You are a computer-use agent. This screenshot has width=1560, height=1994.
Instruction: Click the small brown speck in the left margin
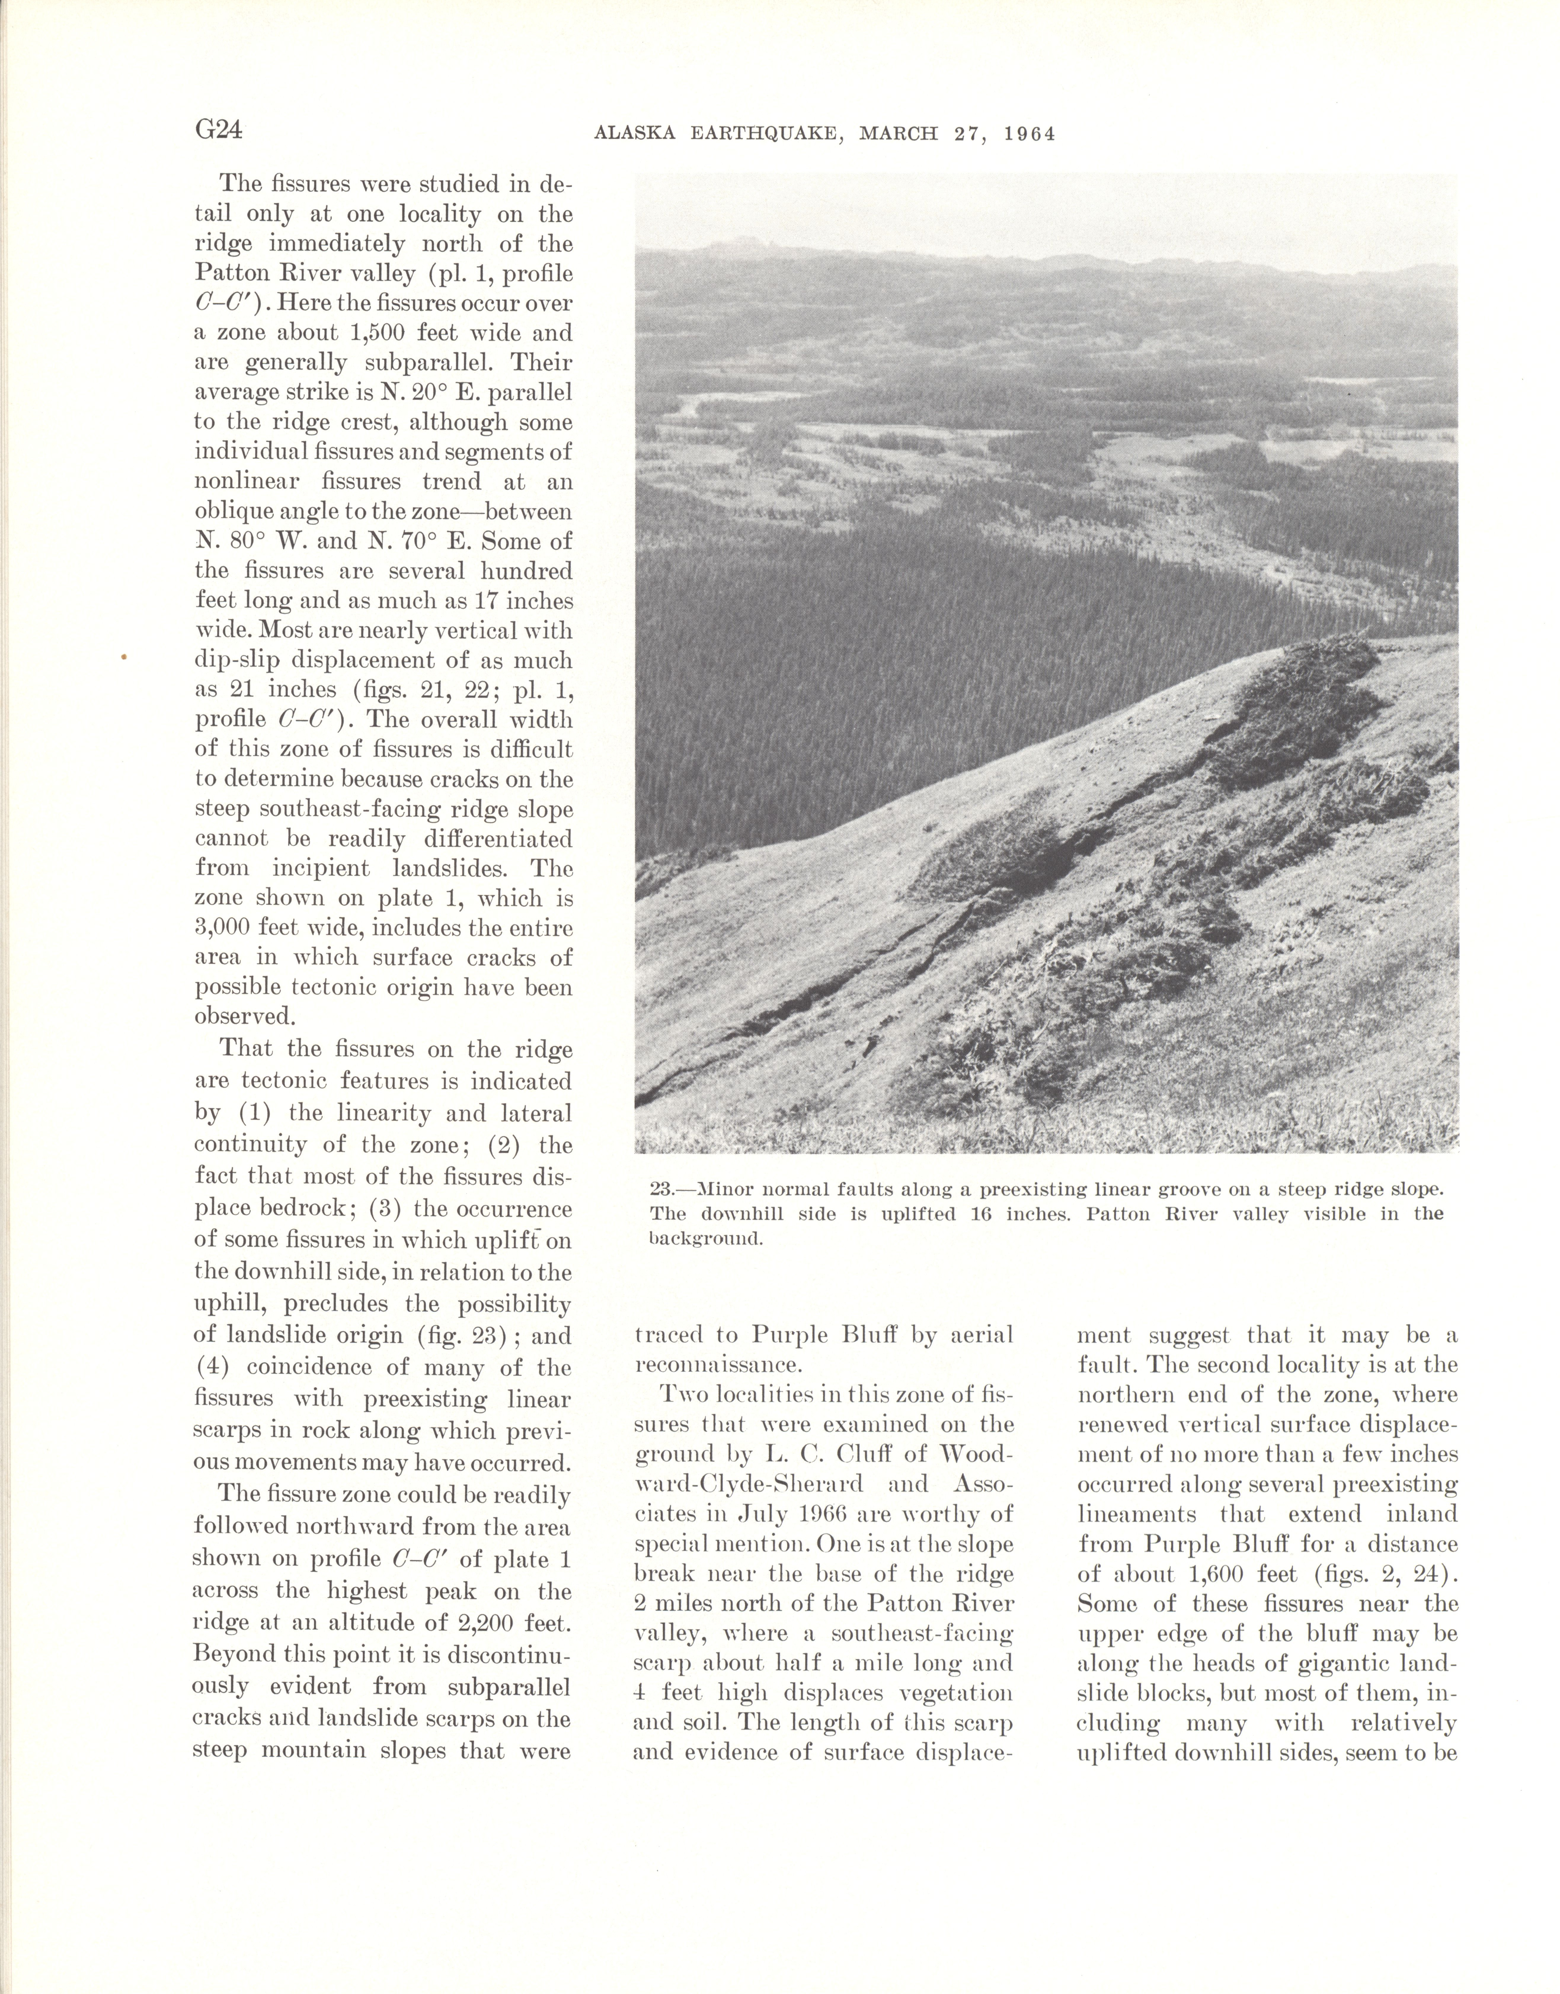[123, 656]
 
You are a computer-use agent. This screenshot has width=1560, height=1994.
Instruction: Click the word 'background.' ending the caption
[706, 1240]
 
